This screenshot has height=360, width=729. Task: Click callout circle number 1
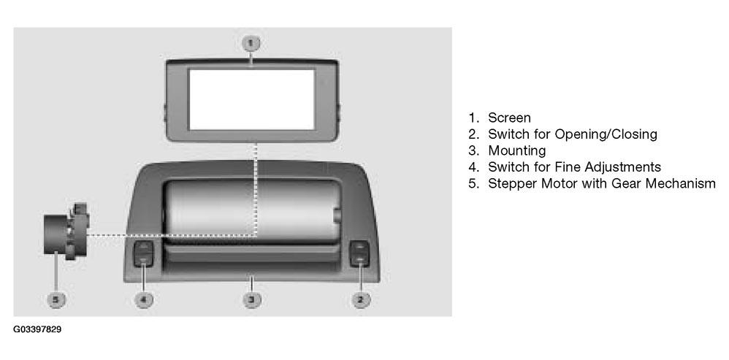coord(251,44)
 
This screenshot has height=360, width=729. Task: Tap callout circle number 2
coord(360,299)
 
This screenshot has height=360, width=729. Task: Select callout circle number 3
coord(251,299)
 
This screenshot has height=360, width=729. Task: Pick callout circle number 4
coord(143,299)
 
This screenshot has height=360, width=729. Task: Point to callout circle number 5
coord(56,299)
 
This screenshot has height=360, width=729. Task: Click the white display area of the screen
coord(251,99)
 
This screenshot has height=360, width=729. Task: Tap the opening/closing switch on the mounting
coord(359,255)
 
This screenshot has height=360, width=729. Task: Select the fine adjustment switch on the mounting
coord(143,255)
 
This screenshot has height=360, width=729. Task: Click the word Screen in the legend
coord(509,118)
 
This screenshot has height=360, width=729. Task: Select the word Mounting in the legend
coord(516,151)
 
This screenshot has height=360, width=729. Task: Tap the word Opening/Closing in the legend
coord(606,134)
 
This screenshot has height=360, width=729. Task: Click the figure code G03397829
coord(37,330)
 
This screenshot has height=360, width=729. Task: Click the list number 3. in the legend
coord(474,150)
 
